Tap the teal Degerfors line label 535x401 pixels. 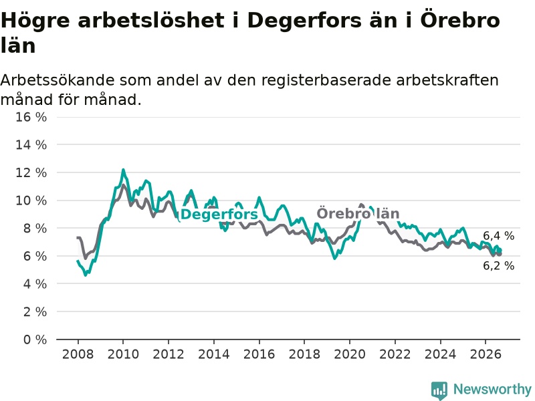[219, 215]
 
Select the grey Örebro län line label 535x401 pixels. [358, 214]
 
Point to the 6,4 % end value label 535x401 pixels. [498, 236]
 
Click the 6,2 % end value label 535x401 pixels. [498, 265]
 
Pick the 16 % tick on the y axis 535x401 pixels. [31, 117]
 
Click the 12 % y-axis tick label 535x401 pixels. [31, 172]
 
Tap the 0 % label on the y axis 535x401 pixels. [35, 340]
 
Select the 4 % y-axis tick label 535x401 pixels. [35, 283]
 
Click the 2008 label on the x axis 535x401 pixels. [78, 354]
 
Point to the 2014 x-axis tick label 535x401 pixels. [214, 354]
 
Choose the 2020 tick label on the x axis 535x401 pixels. [350, 354]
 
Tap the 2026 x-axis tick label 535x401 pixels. [486, 354]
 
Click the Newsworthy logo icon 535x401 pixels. [439, 390]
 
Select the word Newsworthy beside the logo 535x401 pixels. [492, 389]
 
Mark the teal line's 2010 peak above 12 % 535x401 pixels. [123, 170]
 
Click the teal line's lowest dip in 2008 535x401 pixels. [86, 275]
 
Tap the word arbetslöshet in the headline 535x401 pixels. [151, 21]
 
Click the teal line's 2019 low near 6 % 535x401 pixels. [335, 259]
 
